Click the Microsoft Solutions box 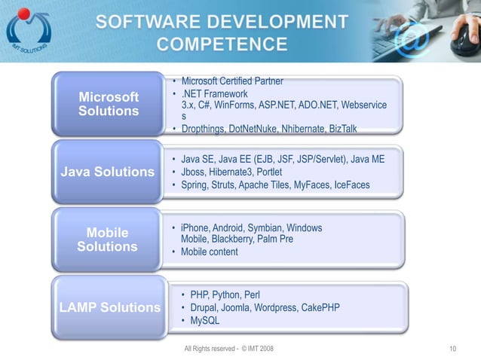109,104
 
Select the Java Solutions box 108,172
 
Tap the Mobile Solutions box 107,239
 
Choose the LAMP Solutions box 110,307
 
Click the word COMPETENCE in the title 222,43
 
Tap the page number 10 452,349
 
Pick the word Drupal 204,308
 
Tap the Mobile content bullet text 209,252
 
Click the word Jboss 194,172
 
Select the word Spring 195,185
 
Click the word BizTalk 339,129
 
